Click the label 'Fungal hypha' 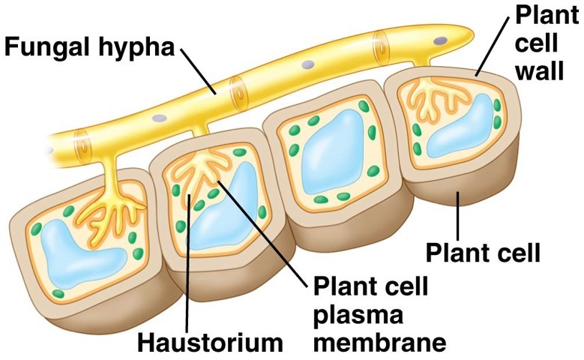(89, 47)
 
